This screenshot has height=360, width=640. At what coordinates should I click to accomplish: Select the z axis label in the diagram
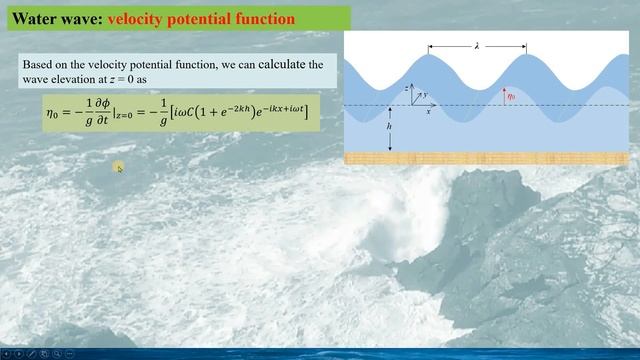[x=405, y=88]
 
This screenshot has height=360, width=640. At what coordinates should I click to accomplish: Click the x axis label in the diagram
[x=428, y=112]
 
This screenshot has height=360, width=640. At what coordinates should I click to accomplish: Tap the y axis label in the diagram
[x=424, y=94]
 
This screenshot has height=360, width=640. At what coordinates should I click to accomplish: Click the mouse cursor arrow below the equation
[x=118, y=168]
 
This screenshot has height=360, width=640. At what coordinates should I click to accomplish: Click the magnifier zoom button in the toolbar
[x=56, y=353]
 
